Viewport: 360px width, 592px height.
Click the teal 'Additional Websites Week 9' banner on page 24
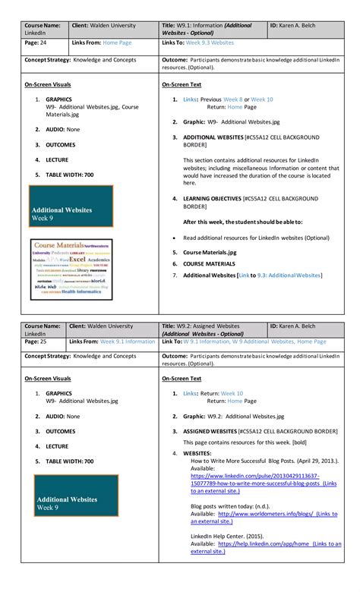71,206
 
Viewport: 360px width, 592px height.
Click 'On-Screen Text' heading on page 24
182,84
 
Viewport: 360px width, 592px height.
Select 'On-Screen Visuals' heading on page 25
47,378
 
